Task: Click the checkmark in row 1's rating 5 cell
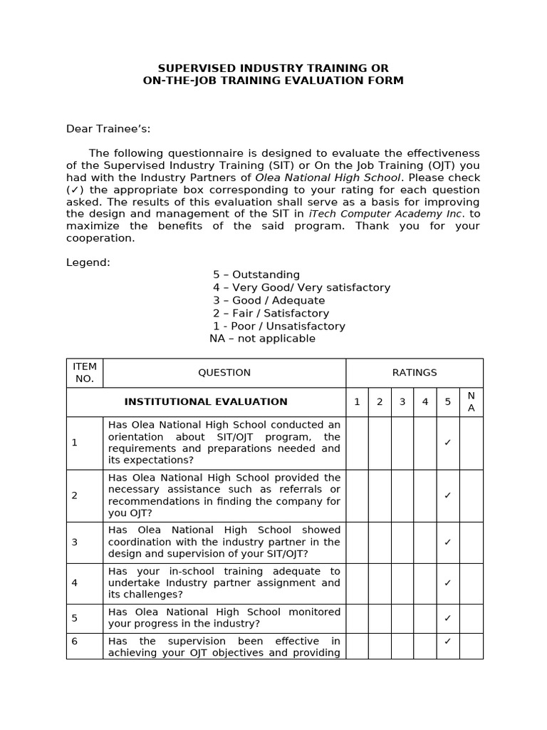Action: click(448, 443)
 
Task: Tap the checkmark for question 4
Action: click(448, 583)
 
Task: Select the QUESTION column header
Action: click(224, 372)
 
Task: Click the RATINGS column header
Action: click(415, 372)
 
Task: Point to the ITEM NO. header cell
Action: click(85, 372)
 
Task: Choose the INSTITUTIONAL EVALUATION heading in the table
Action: click(206, 402)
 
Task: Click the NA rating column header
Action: click(471, 402)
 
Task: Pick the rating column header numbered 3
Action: click(402, 402)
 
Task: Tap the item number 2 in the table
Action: click(75, 495)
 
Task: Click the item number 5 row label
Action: click(75, 618)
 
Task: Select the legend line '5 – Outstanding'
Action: click(256, 275)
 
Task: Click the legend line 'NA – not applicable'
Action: click(262, 339)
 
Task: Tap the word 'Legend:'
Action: click(88, 262)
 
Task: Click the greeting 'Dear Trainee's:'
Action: click(108, 129)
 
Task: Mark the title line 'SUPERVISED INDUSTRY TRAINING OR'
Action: click(273, 68)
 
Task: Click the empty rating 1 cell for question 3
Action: click(357, 543)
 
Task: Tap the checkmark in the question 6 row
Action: click(448, 641)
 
